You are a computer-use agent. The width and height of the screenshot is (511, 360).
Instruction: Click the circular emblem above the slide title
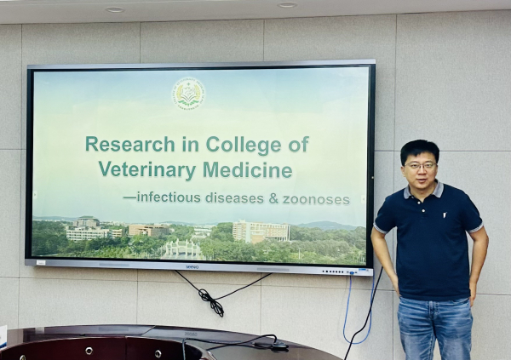pos(187,94)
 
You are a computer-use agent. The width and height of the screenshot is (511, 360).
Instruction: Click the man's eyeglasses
pos(421,165)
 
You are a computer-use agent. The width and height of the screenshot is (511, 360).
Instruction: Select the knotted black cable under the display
pos(209,299)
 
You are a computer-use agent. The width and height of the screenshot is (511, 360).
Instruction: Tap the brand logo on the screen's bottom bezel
pos(192,267)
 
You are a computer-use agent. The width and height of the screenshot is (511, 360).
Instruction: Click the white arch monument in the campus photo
pos(180,249)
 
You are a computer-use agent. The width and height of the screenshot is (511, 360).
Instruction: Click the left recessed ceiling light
pos(114,9)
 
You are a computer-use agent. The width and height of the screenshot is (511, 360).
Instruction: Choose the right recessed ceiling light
pos(286,5)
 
